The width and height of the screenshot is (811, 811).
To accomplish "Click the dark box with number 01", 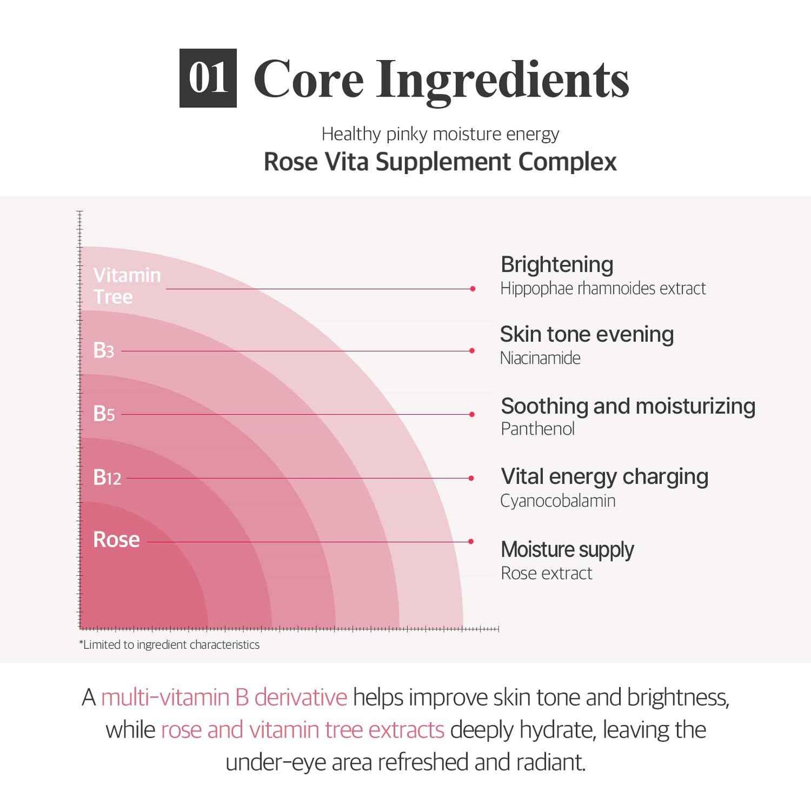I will [208, 78].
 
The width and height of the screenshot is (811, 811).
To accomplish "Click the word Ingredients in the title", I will [503, 80].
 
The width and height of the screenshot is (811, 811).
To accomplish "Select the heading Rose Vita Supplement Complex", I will [440, 162].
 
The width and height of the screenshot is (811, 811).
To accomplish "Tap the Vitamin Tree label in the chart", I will [127, 286].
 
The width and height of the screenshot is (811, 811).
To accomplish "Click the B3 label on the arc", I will [104, 350].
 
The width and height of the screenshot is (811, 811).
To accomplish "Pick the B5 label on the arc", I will [104, 414].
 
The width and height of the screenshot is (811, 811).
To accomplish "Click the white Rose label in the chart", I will [116, 539].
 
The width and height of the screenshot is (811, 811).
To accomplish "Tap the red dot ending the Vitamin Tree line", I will [473, 288].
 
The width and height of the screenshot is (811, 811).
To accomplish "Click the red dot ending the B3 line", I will [472, 351].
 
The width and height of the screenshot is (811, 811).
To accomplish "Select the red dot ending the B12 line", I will [471, 478].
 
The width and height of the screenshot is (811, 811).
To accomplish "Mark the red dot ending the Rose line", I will [471, 542].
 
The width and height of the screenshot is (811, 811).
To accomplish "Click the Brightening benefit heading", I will [557, 264].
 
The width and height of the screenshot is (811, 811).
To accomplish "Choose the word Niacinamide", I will [540, 358].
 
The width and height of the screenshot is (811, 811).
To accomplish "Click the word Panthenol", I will [538, 429].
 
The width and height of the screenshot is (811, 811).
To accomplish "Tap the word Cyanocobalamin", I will [558, 501].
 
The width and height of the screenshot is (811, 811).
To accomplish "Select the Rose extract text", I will [546, 573].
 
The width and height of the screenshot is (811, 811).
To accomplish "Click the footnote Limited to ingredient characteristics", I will [169, 645].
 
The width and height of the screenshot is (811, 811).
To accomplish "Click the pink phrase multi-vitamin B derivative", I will [224, 698].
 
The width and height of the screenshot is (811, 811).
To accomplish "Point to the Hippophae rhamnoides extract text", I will [603, 288].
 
